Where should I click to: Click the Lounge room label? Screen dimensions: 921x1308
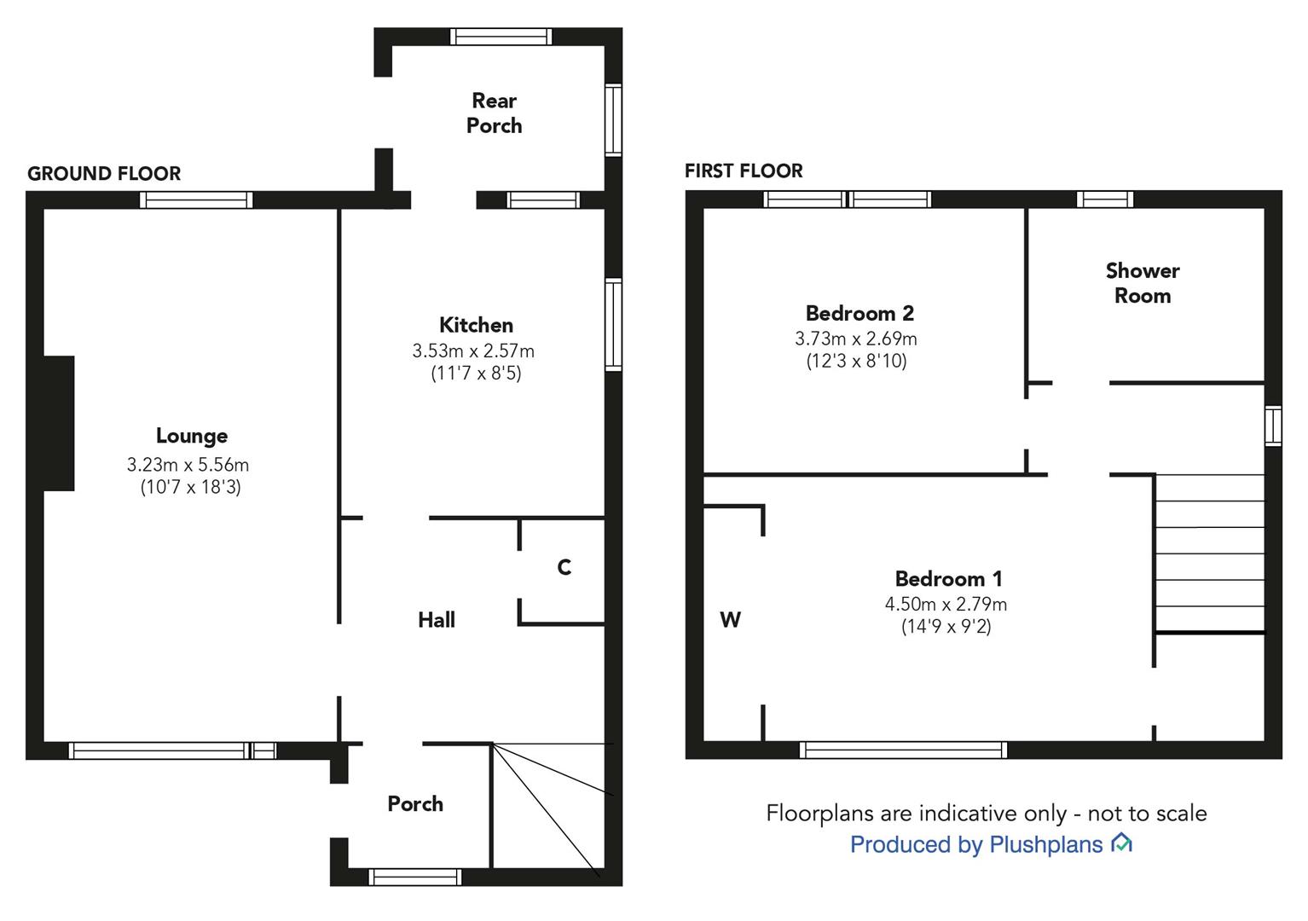tap(191, 436)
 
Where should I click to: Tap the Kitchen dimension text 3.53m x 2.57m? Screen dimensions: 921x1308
tap(473, 350)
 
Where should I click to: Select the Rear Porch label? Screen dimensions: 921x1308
tap(494, 113)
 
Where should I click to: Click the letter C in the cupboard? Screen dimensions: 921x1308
tap(564, 568)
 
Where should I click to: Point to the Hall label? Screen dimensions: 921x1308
tap(436, 620)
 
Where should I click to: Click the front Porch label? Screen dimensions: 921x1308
tap(415, 803)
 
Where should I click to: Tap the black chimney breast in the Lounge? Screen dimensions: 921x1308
tap(59, 423)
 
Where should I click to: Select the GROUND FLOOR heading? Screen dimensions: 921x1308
tap(104, 174)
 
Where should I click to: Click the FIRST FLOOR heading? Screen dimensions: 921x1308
tap(744, 171)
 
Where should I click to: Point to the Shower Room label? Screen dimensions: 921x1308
tap(1142, 283)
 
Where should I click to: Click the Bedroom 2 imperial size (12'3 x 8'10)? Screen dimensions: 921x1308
tap(856, 361)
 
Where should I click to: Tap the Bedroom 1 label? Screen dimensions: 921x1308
tap(948, 579)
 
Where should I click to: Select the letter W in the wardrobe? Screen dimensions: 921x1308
tap(730, 620)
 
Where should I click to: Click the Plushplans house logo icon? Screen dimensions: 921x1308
tap(1121, 843)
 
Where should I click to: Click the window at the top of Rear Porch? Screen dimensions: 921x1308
tap(501, 36)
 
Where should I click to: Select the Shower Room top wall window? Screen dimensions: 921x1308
tap(1104, 200)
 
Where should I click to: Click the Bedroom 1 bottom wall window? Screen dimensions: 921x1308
tap(903, 750)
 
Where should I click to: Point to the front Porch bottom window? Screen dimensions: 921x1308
tap(415, 877)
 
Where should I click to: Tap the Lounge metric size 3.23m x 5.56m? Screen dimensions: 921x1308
tap(188, 465)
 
